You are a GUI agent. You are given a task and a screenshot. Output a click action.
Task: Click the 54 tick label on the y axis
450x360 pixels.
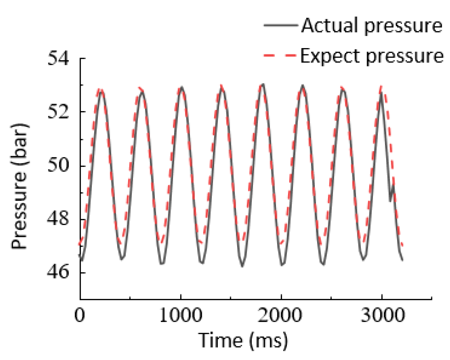[x=58, y=59]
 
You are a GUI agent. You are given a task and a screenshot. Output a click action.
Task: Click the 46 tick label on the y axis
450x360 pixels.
[x=58, y=272]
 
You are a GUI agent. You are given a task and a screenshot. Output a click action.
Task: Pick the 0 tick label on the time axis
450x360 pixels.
[x=80, y=315]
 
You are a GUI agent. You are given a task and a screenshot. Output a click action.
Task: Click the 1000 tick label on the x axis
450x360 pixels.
[x=181, y=315]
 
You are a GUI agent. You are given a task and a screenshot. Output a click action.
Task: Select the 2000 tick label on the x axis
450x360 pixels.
[x=280, y=315]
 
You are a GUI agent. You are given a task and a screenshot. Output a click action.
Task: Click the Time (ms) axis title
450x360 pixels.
[x=243, y=340]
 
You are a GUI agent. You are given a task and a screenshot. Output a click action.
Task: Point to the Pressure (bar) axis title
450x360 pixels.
[x=20, y=186]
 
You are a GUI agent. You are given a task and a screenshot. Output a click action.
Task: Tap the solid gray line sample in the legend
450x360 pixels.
[x=280, y=25]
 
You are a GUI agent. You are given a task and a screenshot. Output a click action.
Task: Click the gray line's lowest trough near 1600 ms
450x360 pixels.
[x=242, y=266]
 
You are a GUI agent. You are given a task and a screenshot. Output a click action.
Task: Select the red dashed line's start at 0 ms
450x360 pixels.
[x=81, y=244]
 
